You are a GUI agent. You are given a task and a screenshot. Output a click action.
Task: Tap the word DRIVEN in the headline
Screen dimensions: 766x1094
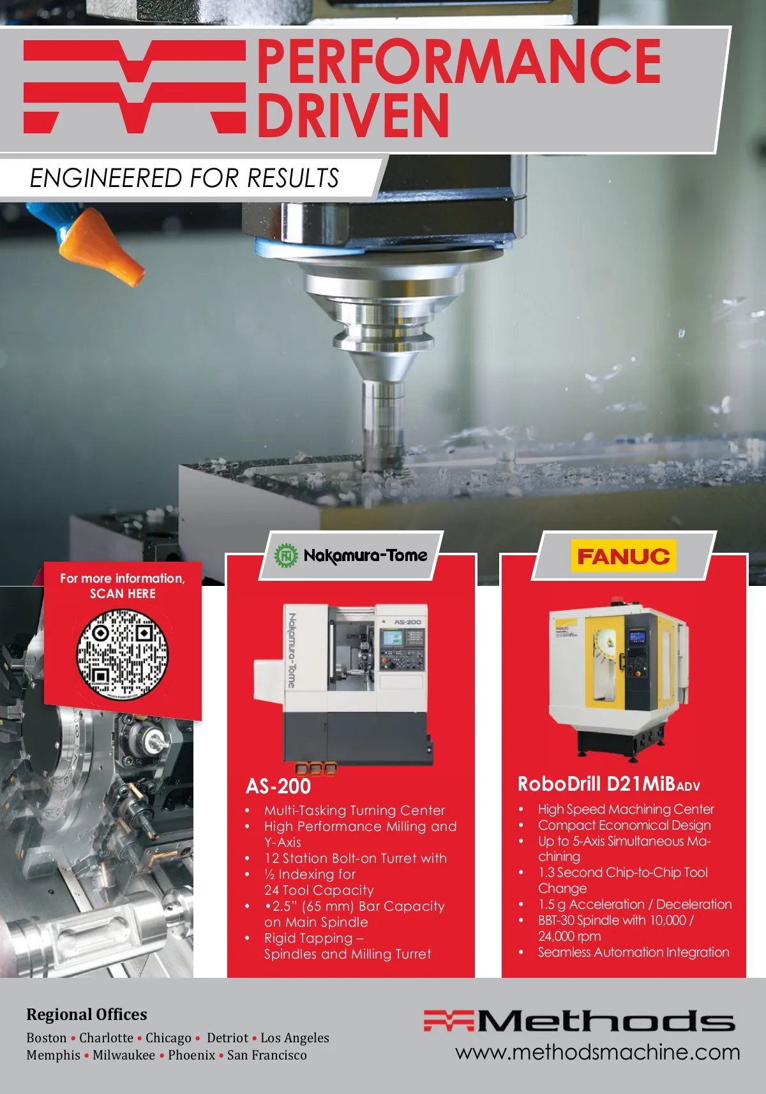tap(353, 115)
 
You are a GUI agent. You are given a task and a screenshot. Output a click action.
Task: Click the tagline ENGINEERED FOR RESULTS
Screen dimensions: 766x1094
tap(184, 178)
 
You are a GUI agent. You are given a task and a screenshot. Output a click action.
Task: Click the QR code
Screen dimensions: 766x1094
tap(122, 654)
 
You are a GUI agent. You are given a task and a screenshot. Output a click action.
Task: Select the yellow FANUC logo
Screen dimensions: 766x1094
tap(624, 556)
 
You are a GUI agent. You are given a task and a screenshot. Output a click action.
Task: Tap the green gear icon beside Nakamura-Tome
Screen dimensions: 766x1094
tap(286, 556)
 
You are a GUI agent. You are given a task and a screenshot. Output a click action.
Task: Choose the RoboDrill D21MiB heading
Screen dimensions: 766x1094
tap(609, 784)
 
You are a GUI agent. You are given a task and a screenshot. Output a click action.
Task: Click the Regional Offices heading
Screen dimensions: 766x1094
tap(86, 1014)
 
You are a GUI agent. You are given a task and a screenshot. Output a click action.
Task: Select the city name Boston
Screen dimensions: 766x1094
tap(47, 1037)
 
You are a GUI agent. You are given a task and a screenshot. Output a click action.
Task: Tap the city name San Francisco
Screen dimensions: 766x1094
tap(267, 1055)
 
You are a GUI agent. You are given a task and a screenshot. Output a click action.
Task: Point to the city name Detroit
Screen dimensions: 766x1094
tap(228, 1037)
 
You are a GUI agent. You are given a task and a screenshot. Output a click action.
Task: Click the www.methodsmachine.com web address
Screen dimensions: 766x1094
tap(597, 1053)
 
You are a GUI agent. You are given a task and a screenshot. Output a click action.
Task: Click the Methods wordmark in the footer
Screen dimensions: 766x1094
tap(579, 1021)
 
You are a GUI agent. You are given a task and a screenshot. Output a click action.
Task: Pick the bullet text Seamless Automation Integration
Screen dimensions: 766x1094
tap(634, 952)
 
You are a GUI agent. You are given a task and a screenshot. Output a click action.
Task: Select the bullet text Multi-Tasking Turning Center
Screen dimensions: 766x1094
tap(355, 810)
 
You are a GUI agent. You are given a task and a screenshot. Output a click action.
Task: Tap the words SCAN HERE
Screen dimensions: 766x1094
tap(123, 594)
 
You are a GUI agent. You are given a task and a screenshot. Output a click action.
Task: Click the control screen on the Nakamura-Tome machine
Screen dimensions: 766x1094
tap(393, 638)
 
